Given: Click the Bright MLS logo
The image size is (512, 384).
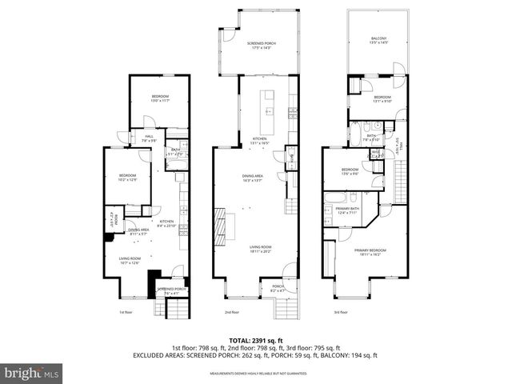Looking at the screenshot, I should coord(32,373).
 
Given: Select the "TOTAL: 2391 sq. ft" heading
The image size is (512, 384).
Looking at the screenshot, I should coord(256,339).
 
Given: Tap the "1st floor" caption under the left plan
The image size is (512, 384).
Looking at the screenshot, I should coord(126,312).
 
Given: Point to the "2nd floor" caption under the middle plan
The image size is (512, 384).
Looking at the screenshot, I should coord(232,312).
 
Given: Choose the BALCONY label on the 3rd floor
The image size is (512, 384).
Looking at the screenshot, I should coord(378,40).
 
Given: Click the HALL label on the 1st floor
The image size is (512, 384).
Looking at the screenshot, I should coord(149,138).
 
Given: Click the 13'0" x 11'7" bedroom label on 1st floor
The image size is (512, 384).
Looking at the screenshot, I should coord(161,98).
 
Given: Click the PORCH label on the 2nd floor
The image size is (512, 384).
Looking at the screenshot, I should coord(278,288).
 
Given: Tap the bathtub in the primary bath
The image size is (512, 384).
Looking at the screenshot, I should coord(334,196).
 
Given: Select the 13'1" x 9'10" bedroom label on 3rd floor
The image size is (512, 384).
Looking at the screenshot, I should coord(383,99).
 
